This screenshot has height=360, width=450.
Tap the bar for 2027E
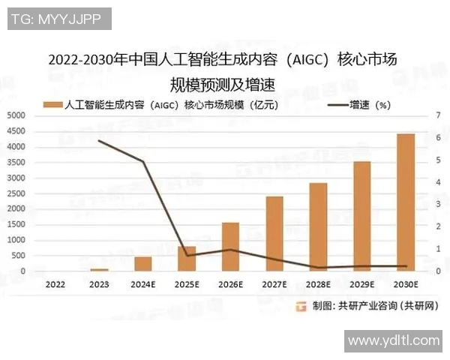pyautogui.click(x=274, y=234)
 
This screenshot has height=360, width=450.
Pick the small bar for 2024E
pyautogui.click(x=142, y=264)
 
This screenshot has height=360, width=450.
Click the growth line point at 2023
pyautogui.click(x=99, y=141)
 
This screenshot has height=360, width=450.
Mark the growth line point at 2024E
pyautogui.click(x=142, y=161)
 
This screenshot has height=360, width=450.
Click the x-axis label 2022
pyautogui.click(x=55, y=285)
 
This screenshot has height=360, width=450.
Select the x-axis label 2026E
pyautogui.click(x=230, y=285)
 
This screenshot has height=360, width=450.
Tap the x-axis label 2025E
pyautogui.click(x=187, y=285)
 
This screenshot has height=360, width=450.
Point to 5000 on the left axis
pyautogui.click(x=16, y=115)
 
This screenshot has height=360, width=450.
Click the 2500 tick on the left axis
pyautogui.click(x=16, y=193)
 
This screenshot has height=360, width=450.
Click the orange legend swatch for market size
pyautogui.click(x=54, y=104)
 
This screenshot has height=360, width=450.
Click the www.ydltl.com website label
pyautogui.click(x=394, y=340)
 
